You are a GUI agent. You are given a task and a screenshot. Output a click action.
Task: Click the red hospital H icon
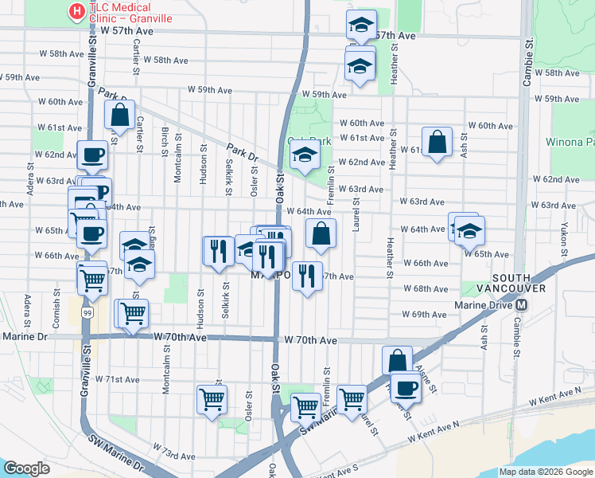click(76, 11)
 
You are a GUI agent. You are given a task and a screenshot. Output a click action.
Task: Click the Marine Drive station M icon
click(522, 305)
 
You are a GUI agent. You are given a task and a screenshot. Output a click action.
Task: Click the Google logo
click(26, 468)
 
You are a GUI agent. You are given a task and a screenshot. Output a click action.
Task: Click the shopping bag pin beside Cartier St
click(119, 115)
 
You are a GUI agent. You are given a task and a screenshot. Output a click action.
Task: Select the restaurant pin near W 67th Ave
click(307, 276)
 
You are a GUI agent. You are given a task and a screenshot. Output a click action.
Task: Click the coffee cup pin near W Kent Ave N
click(405, 387)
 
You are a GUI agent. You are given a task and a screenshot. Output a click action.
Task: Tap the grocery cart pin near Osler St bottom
click(212, 399)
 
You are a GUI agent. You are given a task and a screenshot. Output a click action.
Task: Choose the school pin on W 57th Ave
click(361, 25)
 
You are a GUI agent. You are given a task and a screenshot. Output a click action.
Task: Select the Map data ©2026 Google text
click(546, 472)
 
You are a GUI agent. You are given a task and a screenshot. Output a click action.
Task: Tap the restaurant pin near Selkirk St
click(217, 251)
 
